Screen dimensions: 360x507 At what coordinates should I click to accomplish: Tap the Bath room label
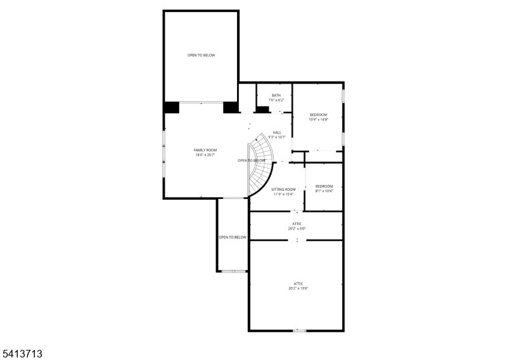(276, 96)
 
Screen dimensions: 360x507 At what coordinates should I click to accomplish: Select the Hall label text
(277, 132)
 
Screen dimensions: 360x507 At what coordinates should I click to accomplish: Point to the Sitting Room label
(283, 190)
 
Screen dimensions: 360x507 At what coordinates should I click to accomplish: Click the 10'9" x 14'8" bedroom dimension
(319, 119)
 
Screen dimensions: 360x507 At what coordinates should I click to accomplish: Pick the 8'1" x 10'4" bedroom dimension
(324, 191)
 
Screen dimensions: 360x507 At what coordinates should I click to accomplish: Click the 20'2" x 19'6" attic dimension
(298, 288)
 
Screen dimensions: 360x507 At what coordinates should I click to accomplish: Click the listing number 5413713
(22, 352)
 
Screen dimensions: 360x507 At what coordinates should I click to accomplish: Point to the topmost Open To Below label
(201, 55)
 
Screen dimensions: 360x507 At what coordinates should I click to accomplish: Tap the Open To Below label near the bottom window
(233, 237)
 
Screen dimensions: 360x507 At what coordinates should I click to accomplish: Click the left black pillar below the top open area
(171, 108)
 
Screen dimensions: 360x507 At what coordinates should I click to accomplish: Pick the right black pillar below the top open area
(230, 108)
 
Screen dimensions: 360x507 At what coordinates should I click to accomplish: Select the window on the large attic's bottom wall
(299, 330)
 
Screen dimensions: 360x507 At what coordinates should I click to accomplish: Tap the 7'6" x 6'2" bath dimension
(276, 100)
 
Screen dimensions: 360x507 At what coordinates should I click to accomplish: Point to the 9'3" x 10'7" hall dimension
(277, 137)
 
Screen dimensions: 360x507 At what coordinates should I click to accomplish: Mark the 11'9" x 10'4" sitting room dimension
(283, 194)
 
